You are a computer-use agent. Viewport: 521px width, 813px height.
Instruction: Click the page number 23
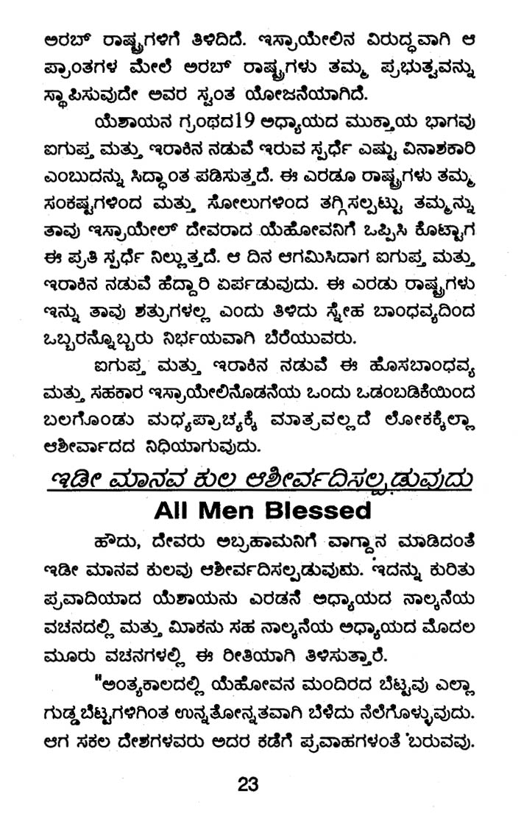click(248, 784)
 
